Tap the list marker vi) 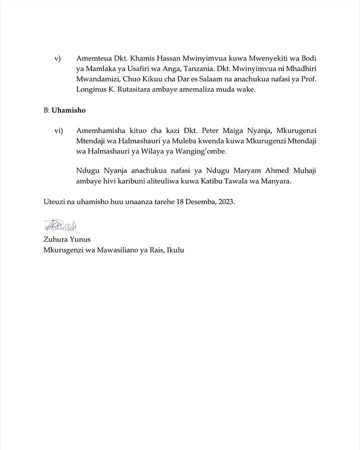click(x=58, y=130)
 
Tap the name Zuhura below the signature click(x=56, y=239)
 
